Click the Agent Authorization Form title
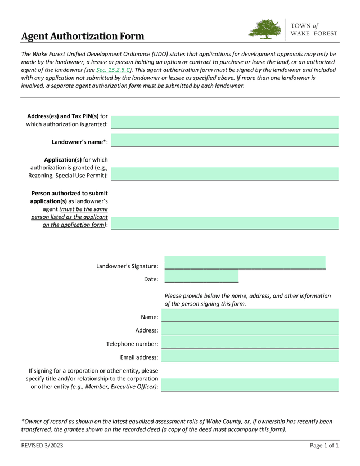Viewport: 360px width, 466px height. tap(83, 37)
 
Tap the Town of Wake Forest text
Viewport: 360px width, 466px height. tap(314, 29)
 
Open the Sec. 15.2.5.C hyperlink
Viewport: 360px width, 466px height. tap(113, 70)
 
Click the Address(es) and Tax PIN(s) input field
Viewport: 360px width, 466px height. tap(224, 122)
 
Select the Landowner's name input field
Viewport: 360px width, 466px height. tap(224, 140)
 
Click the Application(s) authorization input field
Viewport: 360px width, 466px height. tap(224, 173)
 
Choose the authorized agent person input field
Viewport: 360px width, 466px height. tap(224, 223)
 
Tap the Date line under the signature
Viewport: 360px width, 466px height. tap(201, 278)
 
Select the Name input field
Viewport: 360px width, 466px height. tap(250, 316)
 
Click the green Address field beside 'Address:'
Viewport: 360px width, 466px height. tap(250, 329)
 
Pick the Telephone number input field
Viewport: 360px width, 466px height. tap(250, 343)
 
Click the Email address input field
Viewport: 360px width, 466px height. tap(250, 356)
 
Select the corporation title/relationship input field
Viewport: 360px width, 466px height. tap(250, 385)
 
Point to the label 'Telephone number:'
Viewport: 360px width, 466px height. tap(132, 344)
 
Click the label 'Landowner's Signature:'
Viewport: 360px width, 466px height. tap(127, 266)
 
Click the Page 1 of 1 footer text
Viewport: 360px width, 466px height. tap(324, 446)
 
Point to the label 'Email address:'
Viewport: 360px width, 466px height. tap(139, 357)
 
